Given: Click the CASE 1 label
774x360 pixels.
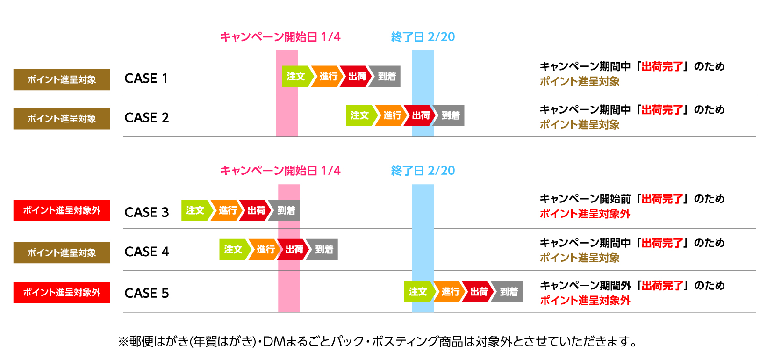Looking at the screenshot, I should [x=146, y=79].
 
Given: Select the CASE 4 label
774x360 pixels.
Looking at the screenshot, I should [x=146, y=252].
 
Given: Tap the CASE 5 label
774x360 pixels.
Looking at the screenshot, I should [x=146, y=293].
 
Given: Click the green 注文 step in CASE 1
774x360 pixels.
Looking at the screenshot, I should [x=295, y=76].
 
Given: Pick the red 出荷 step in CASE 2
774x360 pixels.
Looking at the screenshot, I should [x=421, y=115].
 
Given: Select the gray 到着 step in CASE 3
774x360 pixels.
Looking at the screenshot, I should [x=286, y=210].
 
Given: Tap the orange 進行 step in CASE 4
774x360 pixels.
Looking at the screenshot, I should [x=265, y=250].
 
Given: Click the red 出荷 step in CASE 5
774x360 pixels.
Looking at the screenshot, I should [x=479, y=292].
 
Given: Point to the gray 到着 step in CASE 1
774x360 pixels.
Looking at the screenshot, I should [x=387, y=76].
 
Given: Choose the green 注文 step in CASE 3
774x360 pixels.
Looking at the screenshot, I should [x=195, y=210].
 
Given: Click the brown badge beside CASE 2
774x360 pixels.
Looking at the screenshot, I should [x=62, y=119].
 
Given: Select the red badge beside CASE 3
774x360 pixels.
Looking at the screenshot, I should [x=62, y=210].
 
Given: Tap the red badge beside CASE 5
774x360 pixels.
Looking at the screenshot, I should [x=62, y=293].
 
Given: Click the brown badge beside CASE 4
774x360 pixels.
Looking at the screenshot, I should [x=62, y=252].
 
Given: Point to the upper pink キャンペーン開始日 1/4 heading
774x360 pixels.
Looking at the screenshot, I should [x=280, y=37].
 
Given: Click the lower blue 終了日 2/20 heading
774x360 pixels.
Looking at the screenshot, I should [x=423, y=171].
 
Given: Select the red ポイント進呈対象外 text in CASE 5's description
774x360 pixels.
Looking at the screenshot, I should [x=585, y=301].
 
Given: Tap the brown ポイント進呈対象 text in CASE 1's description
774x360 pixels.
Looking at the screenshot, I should [x=580, y=81].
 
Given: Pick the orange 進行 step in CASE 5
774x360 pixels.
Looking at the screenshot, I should [x=450, y=292].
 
